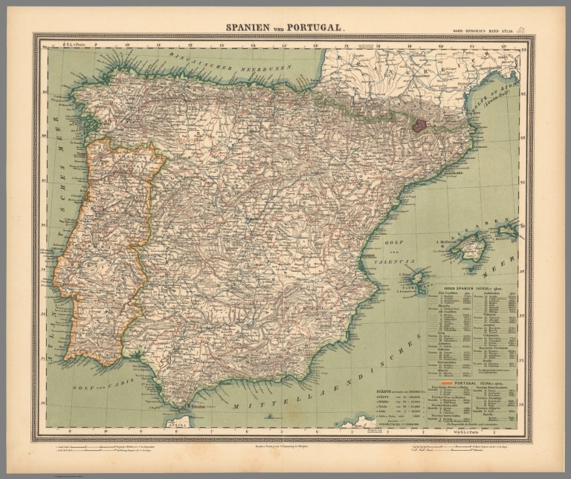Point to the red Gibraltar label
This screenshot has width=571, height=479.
pos(199,407)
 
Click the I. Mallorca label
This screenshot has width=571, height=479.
pos(443,241)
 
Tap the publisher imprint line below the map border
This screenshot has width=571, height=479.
pos(285,446)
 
